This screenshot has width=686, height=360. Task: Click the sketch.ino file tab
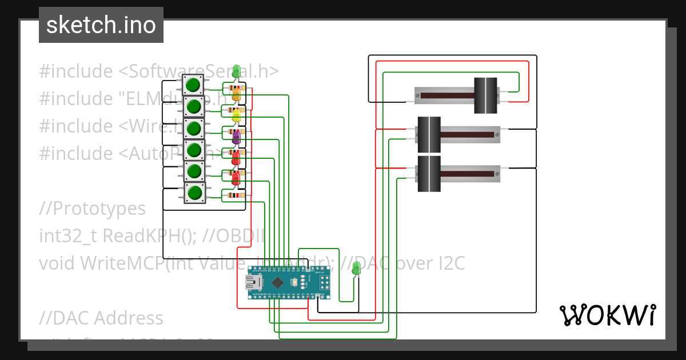click(x=101, y=25)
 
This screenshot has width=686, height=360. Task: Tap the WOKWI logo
click(x=607, y=315)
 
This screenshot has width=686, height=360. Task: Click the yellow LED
click(x=236, y=116)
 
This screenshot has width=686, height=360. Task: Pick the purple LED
click(x=236, y=137)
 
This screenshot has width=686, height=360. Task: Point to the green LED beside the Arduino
click(x=356, y=267)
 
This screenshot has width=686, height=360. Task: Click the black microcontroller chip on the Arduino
click(x=277, y=282)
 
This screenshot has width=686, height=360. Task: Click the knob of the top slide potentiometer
click(x=485, y=95)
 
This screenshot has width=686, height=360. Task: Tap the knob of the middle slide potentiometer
click(x=429, y=135)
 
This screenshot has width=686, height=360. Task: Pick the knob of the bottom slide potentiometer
click(x=429, y=174)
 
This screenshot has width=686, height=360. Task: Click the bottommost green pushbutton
click(x=194, y=193)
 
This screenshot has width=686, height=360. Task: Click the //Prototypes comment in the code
click(x=92, y=209)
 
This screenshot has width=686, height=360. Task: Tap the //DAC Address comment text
click(x=101, y=318)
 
